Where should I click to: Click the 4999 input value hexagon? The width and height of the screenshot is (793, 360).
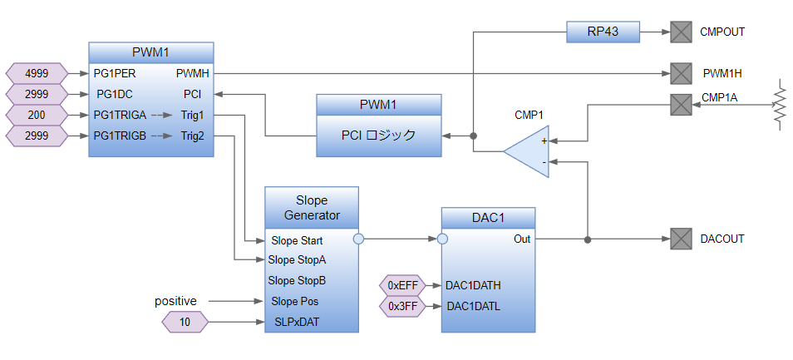coord(36,73)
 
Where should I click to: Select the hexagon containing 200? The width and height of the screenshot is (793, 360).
coord(36,115)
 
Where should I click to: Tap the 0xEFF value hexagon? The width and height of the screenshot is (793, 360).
coord(402,285)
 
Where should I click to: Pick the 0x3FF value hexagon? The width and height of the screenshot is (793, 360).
coord(402,306)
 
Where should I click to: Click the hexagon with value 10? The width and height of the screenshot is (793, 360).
coord(185,322)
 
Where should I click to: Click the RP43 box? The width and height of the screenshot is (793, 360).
coord(603,32)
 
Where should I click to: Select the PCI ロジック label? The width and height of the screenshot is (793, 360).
coord(378,136)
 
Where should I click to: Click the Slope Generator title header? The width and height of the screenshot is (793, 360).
coord(312,208)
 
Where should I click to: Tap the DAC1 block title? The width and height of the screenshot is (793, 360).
coord(488,218)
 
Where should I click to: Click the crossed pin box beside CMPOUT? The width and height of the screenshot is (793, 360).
coord(682,32)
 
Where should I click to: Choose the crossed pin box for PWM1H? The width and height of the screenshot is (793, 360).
coord(682,73)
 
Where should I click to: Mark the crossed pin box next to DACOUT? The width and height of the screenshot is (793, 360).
coord(682,239)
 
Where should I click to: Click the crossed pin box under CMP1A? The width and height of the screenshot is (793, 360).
coord(682,105)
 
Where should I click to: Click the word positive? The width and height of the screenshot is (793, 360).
coord(175,300)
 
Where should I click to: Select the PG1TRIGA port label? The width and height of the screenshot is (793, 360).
coord(121,115)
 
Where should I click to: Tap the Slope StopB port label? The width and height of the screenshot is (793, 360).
coord(297,280)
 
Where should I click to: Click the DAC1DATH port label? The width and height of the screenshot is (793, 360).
coord(473,285)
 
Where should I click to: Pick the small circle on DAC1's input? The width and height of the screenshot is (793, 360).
coord(442,239)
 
